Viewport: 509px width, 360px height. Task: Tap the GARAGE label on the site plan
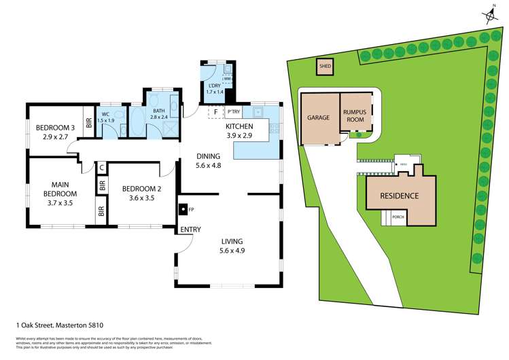[317, 118]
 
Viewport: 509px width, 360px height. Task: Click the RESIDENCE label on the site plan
[400, 196]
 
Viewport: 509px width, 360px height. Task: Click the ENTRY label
[190, 230]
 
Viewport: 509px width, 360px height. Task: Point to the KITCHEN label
[239, 126]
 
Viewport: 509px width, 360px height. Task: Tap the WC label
[105, 114]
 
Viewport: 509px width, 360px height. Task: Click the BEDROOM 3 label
[54, 128]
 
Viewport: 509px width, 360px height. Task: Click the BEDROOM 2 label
[141, 189]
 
